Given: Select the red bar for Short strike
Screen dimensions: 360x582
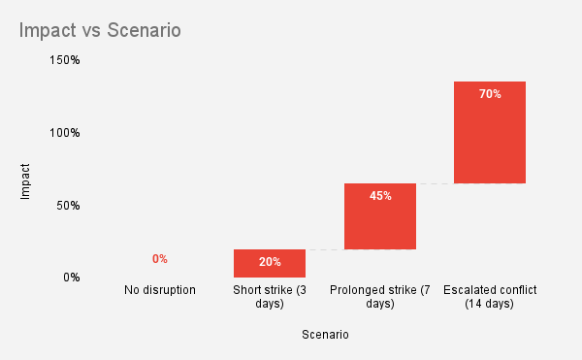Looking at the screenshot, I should click(270, 263).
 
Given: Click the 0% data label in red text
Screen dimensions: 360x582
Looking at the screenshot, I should click(160, 259).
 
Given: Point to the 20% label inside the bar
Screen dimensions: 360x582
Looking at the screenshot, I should click(270, 262).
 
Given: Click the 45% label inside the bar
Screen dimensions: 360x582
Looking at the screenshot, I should click(379, 196).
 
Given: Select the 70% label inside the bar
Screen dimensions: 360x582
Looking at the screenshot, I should click(490, 94).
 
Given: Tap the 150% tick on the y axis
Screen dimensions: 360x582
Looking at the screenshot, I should click(64, 60).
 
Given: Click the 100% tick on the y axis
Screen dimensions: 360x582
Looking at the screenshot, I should click(64, 133).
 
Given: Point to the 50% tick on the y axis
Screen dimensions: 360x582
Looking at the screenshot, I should click(67, 206).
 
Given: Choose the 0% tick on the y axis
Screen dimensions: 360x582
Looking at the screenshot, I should click(71, 278).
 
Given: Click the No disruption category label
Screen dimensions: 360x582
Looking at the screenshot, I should click(160, 290).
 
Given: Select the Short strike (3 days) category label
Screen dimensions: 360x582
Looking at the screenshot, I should click(270, 297).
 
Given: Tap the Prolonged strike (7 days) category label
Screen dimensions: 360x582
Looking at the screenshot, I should click(379, 297).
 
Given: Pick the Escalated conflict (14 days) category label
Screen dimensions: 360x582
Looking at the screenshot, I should click(489, 297).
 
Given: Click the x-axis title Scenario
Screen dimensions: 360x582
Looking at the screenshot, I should click(325, 335).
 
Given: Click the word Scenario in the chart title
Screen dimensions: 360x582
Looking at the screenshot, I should click(146, 30).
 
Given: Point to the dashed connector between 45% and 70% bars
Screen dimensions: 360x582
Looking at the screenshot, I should click(435, 183).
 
